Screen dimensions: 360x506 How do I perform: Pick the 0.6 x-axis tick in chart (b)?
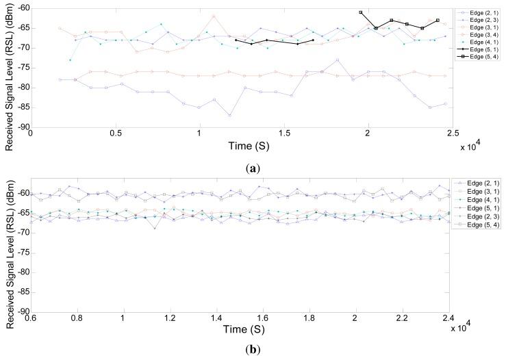[31, 318]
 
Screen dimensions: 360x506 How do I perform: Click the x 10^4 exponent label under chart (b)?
[466, 329]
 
